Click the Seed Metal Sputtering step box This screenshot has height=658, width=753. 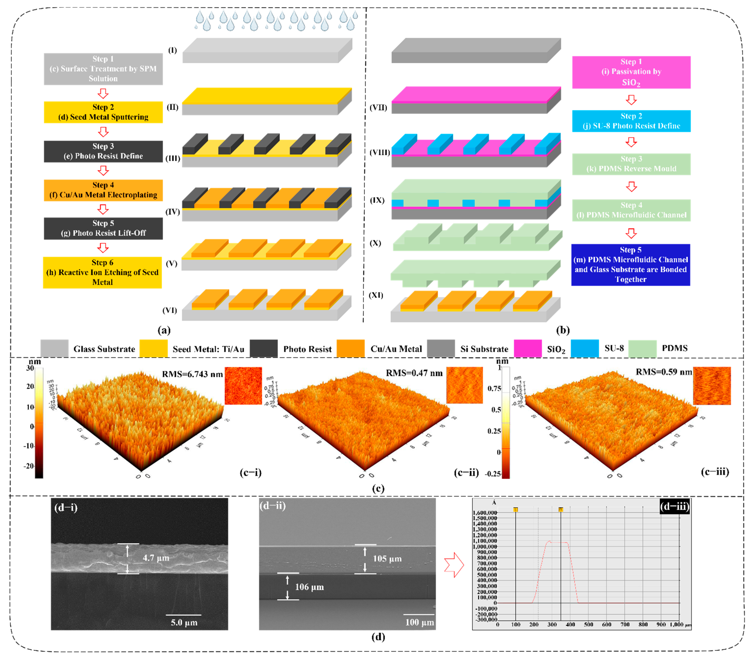(103, 112)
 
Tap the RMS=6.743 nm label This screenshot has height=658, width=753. (192, 374)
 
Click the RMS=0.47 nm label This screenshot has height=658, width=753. (414, 373)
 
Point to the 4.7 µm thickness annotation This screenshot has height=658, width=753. (156, 558)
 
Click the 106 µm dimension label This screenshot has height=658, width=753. (309, 587)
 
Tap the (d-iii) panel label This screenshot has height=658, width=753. (674, 507)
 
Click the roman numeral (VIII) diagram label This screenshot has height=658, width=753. (379, 152)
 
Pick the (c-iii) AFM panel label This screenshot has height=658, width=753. (714, 472)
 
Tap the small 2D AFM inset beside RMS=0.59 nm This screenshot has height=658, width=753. (712, 386)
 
